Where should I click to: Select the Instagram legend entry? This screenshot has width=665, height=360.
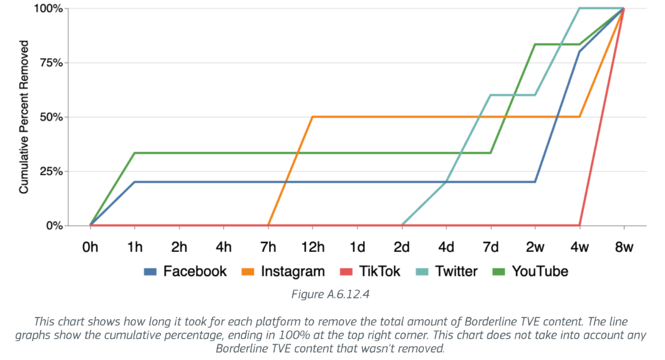tap(282, 271)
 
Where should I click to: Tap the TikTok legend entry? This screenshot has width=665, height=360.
tap(368, 271)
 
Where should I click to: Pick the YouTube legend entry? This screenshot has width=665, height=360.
tap(530, 271)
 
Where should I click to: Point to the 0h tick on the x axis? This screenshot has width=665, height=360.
tap(90, 247)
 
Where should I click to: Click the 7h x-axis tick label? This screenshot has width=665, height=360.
tap(268, 247)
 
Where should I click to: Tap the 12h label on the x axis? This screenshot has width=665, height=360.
tap(312, 247)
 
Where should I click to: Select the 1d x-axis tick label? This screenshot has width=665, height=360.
tap(357, 247)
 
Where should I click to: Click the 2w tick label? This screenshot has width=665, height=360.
tap(535, 247)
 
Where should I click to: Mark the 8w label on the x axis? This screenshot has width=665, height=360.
tap(624, 247)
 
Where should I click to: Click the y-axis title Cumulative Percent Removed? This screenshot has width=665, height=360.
tap(24, 117)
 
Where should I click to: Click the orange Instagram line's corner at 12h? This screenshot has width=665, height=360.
tap(312, 117)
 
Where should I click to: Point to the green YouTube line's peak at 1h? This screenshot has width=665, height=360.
tap(135, 153)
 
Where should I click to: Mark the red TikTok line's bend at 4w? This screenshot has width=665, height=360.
tap(579, 225)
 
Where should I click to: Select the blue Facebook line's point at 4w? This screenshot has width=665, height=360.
tap(579, 52)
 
